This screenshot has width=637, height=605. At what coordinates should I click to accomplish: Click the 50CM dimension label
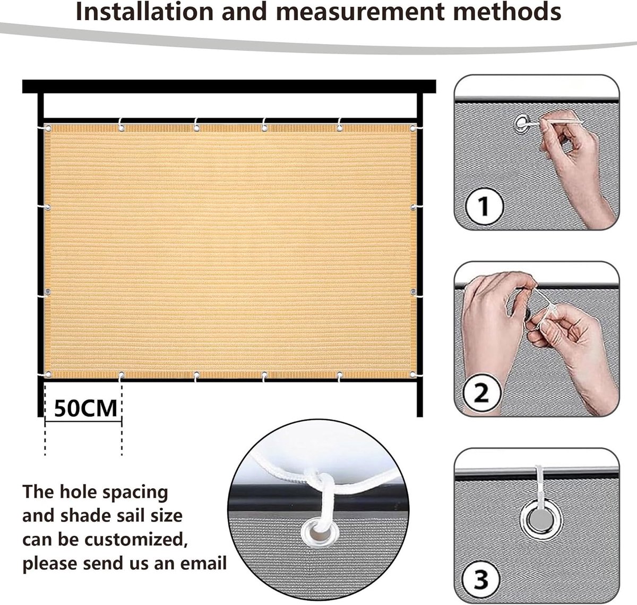point(85,408)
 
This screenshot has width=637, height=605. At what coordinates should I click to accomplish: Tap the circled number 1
point(484,206)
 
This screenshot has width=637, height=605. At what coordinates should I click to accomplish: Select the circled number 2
point(481,393)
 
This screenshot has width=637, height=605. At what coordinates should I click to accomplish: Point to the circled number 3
point(481,580)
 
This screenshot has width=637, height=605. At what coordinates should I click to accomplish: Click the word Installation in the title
point(144,11)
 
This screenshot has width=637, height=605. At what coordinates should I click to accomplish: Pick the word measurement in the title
point(360,12)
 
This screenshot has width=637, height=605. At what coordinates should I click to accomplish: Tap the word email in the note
point(203,563)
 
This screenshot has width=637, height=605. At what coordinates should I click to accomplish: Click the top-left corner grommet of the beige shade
point(48,129)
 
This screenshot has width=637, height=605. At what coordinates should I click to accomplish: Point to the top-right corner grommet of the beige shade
point(413,129)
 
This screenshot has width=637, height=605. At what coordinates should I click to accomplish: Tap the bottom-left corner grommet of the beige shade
point(48,375)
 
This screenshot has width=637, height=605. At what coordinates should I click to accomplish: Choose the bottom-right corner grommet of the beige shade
point(413,374)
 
